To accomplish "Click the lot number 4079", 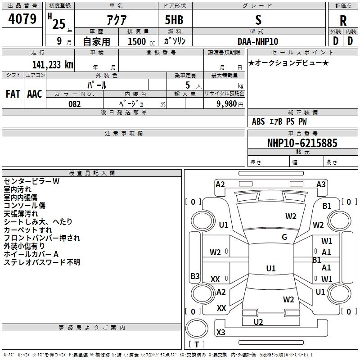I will click(22, 19).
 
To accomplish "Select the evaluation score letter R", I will click(343, 21).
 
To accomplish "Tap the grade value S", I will click(258, 19).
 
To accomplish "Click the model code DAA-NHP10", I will click(258, 41).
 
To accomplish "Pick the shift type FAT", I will click(13, 94).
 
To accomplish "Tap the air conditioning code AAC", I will click(34, 94).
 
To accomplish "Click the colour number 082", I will click(75, 104).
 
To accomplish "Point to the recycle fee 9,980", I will click(224, 104).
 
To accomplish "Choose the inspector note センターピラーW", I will click(31, 181).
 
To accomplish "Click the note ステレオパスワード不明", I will click(42, 262).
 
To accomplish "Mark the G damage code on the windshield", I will click(284, 237).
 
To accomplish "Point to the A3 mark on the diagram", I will click(321, 184).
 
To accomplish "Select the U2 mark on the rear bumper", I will click(258, 322).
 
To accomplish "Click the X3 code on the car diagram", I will click(221, 333).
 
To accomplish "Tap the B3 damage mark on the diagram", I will click(195, 276).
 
